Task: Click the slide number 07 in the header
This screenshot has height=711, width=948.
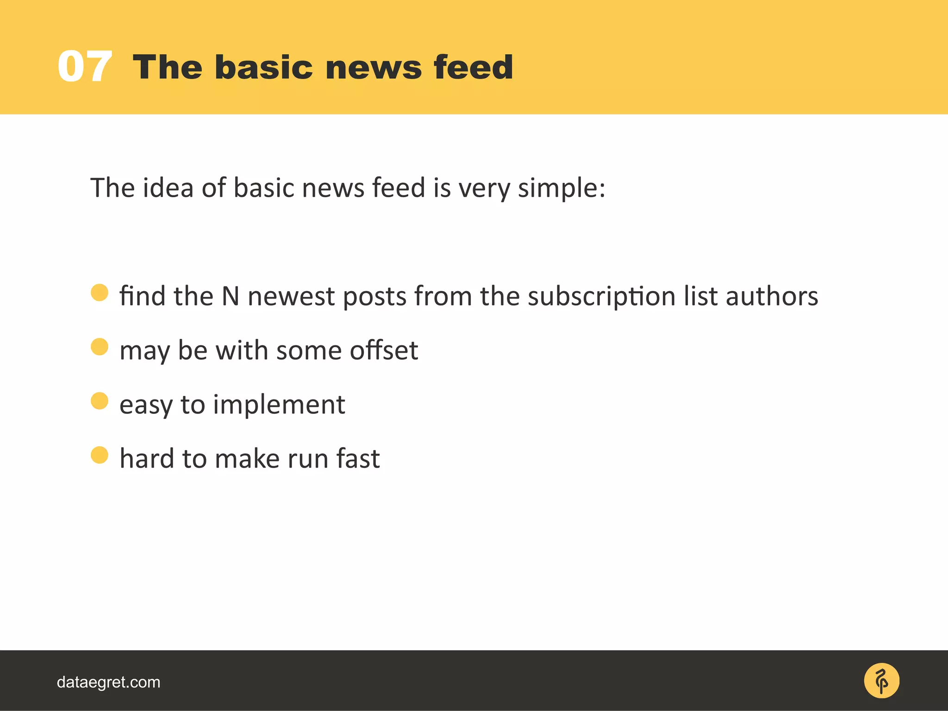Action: [85, 67]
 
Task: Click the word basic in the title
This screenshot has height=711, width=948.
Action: [263, 68]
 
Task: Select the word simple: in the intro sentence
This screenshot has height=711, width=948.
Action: [561, 188]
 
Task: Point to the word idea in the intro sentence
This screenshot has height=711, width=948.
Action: [168, 188]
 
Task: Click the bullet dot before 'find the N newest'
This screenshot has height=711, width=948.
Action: [100, 293]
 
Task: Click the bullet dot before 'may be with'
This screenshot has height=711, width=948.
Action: [100, 347]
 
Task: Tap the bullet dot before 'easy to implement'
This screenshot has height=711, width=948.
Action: [100, 401]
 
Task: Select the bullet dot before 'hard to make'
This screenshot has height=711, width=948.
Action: [100, 455]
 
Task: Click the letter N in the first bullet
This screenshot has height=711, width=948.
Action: [230, 296]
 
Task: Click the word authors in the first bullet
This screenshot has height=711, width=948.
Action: [772, 296]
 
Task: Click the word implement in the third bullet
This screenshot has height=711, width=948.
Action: [279, 405]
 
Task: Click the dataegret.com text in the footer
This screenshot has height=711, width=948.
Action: [108, 682]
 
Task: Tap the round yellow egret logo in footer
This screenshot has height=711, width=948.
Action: [881, 681]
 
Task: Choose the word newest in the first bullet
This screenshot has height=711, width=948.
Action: [291, 296]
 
